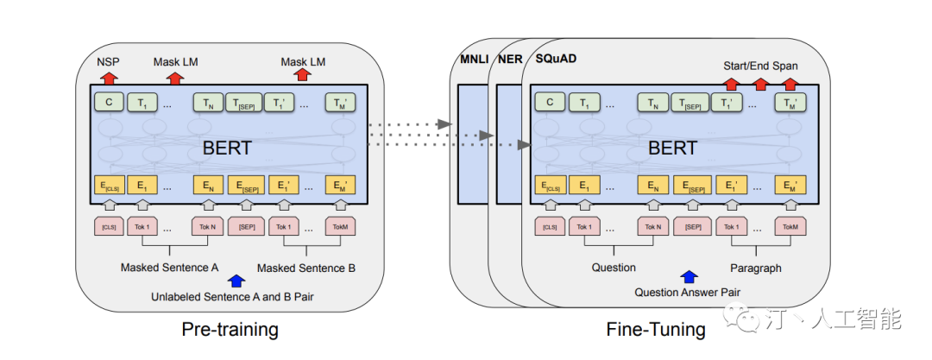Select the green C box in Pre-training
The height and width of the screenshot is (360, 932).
point(108,104)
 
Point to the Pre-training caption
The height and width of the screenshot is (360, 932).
point(230,330)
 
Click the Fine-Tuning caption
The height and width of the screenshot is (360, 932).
point(656,330)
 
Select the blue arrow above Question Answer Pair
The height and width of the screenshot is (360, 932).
point(688,276)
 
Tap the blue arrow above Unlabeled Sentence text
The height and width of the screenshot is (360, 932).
point(235,281)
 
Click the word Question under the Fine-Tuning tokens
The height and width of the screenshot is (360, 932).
point(614,268)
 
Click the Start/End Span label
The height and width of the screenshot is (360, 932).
point(760,66)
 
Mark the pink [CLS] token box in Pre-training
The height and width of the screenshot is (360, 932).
point(108,227)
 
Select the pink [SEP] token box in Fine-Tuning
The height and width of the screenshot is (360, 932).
point(691,227)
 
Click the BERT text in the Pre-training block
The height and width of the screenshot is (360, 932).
point(227,148)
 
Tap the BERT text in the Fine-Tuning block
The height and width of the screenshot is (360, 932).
point(672,148)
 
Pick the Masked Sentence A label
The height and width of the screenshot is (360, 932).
point(169,268)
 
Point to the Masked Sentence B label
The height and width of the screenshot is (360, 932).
point(305,268)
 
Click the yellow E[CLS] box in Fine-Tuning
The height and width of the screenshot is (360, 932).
point(550,186)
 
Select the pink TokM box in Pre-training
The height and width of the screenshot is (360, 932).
point(339,227)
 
